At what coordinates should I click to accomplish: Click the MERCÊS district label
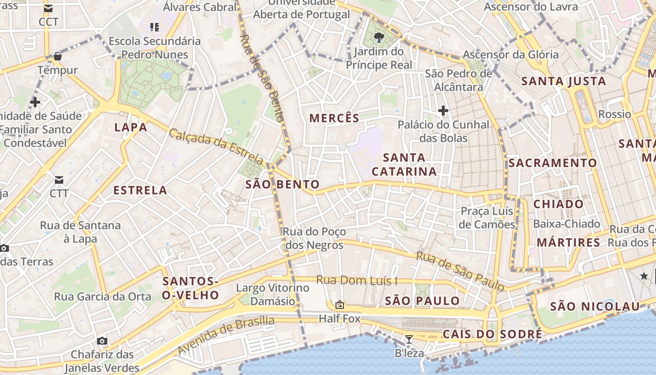334,118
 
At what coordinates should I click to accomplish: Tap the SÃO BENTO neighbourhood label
283,184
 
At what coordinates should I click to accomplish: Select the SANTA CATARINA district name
404,165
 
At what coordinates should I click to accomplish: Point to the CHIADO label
559,204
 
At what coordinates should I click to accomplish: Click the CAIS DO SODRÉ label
492,334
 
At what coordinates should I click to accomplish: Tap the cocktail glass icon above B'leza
409,339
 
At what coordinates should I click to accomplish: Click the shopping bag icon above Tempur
58,56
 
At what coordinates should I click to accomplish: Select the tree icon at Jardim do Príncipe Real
379,37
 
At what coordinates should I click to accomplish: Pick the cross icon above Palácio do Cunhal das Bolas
443,111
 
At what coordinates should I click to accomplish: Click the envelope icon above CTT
59,180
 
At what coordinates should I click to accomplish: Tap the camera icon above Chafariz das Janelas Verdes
102,341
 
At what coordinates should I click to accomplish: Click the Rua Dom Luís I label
357,280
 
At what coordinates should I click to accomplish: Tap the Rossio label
614,114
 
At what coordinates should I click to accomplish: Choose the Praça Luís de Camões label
487,217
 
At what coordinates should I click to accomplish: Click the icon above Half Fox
340,305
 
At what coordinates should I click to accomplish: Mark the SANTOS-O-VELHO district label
190,288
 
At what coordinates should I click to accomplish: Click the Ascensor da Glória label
511,54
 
